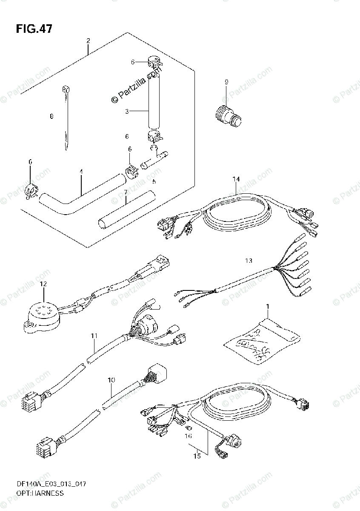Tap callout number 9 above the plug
226,82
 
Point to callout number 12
44,284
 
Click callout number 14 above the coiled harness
236,179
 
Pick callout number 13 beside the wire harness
249,260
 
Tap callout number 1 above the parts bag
268,306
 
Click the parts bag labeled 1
260,341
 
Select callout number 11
94,336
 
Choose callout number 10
111,379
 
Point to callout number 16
188,436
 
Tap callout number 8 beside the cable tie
51,116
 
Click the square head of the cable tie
65,89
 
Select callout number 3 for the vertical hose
126,112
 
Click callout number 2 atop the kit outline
88,41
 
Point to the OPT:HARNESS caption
41,494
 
